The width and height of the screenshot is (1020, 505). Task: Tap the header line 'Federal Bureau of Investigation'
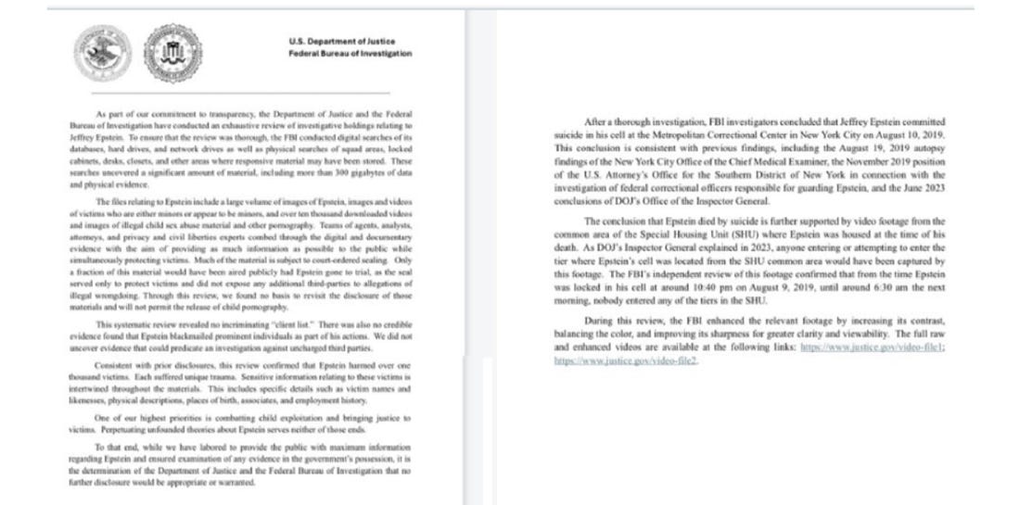351,54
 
